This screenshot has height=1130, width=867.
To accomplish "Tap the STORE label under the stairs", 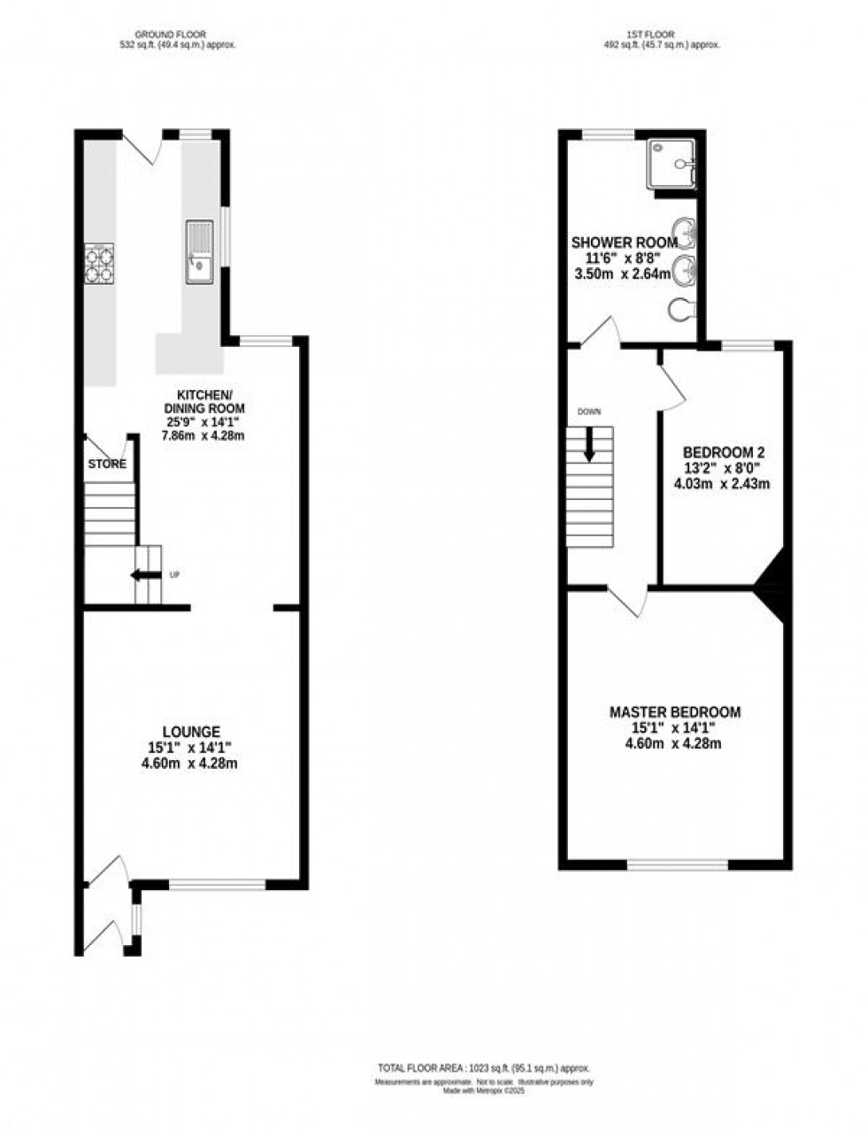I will click(x=107, y=464).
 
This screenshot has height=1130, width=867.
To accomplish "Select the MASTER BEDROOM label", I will click(x=675, y=711).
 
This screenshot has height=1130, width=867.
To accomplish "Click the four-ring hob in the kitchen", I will click(x=99, y=264).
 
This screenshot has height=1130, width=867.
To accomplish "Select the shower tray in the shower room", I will click(x=673, y=164).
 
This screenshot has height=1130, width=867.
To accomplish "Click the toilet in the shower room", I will click(x=684, y=311).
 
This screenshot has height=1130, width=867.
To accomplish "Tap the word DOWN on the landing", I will click(x=588, y=412).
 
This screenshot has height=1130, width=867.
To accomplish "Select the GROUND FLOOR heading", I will click(x=178, y=35).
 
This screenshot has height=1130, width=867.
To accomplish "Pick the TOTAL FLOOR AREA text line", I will click(x=483, y=1068).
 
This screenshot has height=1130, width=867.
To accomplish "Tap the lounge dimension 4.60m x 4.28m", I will click(x=189, y=763).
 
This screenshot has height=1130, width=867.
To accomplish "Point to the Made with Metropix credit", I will click(x=484, y=1091).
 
